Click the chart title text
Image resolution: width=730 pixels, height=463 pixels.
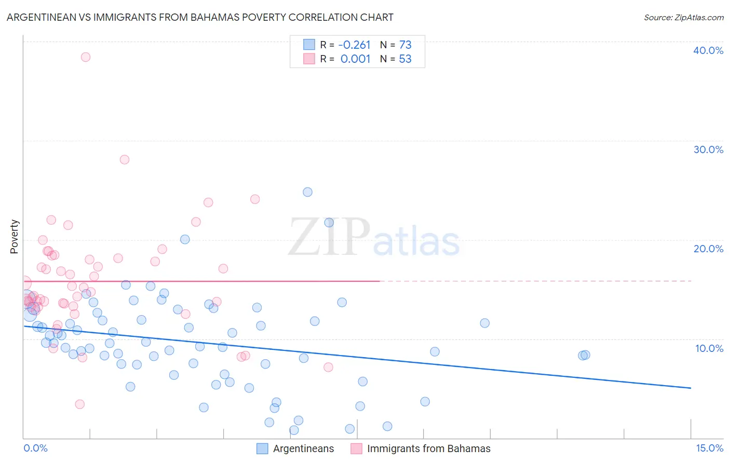click(x=200, y=17)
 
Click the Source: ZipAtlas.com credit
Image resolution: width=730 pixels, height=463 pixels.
click(x=683, y=17)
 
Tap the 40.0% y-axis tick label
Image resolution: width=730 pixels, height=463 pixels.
click(x=708, y=50)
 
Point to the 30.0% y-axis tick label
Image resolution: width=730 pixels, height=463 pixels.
click(x=708, y=149)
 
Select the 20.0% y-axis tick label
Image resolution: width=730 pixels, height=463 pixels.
click(x=708, y=249)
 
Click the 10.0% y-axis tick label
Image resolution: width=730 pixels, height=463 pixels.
click(x=709, y=348)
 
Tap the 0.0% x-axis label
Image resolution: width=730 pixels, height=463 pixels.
click(x=35, y=448)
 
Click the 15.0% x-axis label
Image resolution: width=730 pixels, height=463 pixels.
click(x=709, y=448)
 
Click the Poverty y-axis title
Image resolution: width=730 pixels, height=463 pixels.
click(x=14, y=237)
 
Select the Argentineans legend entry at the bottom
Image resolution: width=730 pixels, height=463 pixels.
click(x=303, y=448)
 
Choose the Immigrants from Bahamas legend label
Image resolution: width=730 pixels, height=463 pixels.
click(x=428, y=448)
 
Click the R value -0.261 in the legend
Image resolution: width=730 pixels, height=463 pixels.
click(x=355, y=45)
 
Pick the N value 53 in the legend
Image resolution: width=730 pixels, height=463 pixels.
click(x=405, y=59)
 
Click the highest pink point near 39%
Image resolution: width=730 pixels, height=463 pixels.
click(x=86, y=57)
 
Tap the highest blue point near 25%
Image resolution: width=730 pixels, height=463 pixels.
click(x=307, y=192)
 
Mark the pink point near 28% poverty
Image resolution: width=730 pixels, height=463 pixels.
click(x=125, y=159)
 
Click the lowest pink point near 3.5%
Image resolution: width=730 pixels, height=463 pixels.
click(x=80, y=404)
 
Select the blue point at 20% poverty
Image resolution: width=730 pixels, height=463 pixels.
click(x=185, y=239)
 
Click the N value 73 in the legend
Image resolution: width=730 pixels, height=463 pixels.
click(x=405, y=45)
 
